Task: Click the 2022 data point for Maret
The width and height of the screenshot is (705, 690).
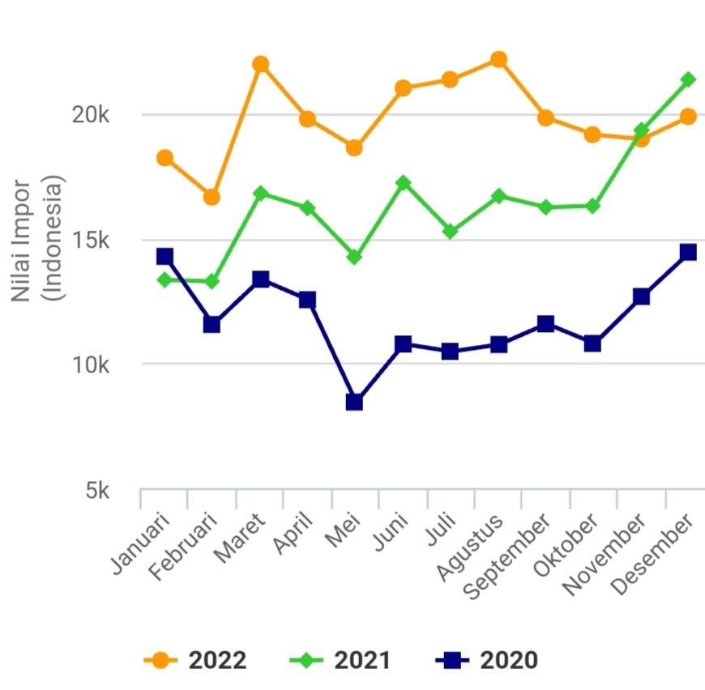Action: (x=260, y=64)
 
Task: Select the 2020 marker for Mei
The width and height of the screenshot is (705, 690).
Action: (x=354, y=402)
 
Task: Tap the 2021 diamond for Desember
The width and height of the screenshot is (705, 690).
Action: (x=688, y=79)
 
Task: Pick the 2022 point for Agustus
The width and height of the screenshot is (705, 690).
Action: (x=498, y=59)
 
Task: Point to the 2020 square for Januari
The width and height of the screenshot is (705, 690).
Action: (x=164, y=257)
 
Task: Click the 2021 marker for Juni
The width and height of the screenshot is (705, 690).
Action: (x=403, y=183)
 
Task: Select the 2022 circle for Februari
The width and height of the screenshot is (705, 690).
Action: (x=211, y=197)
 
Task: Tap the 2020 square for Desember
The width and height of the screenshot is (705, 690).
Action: (x=688, y=252)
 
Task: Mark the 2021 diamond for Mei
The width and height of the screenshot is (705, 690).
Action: (x=354, y=257)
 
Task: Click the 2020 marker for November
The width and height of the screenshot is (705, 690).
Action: (x=641, y=296)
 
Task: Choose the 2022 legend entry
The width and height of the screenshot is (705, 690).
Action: (x=195, y=661)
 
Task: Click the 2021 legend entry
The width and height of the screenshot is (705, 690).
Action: (x=341, y=661)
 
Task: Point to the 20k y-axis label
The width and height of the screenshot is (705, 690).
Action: (x=90, y=116)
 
